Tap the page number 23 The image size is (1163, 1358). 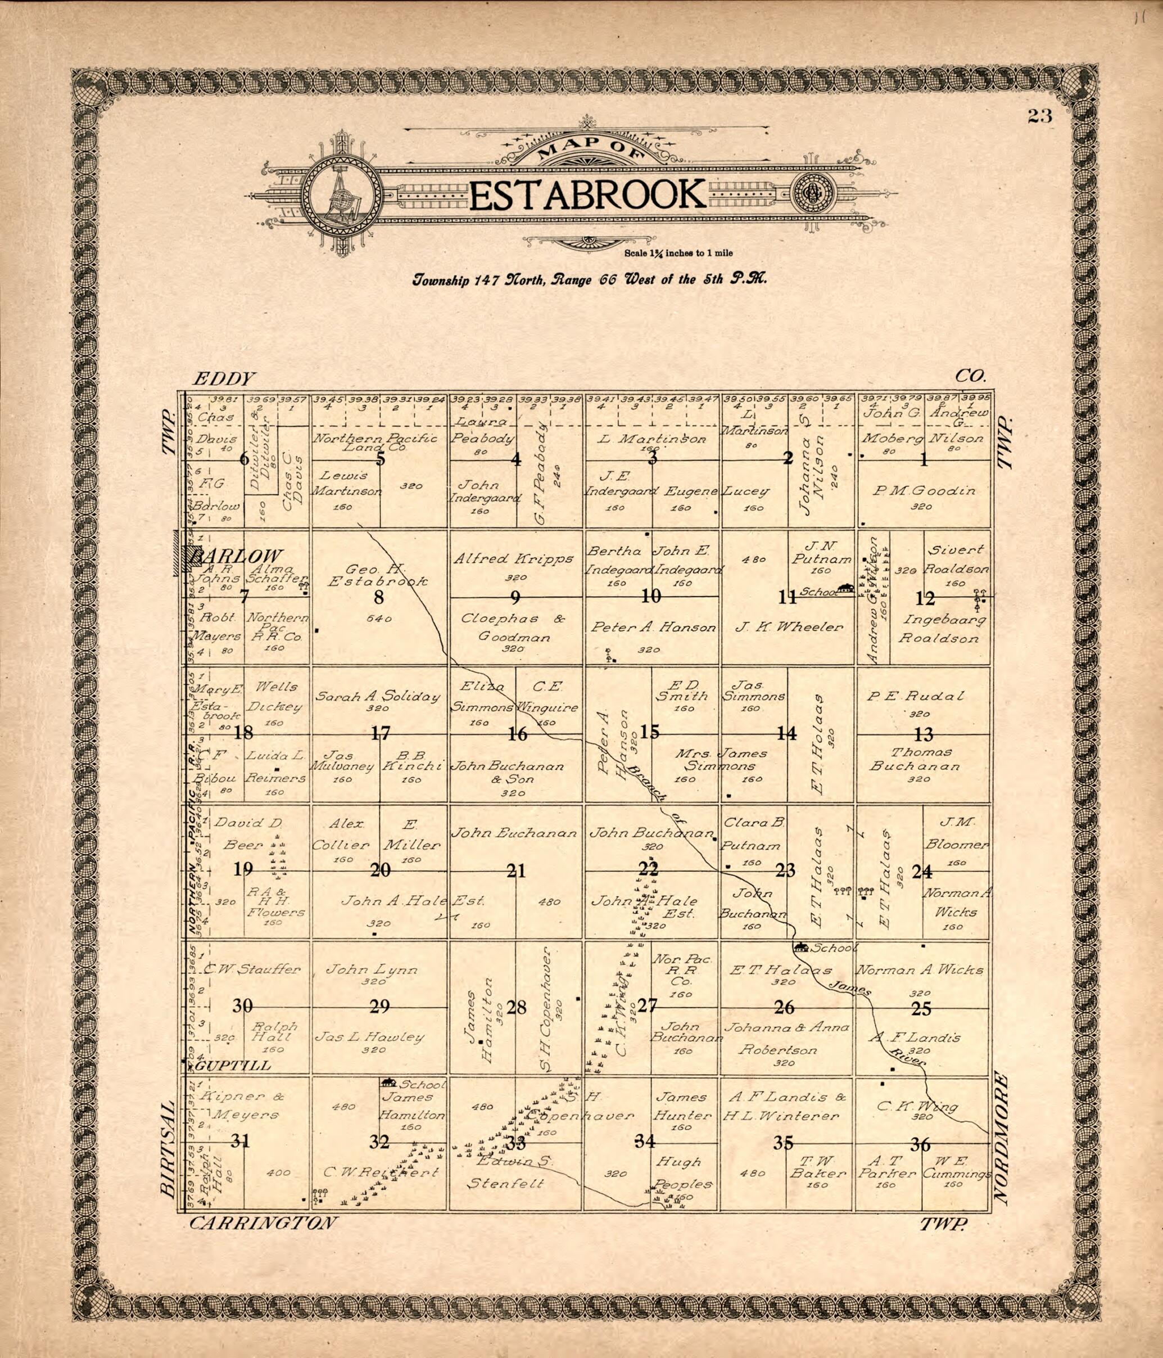tap(1039, 116)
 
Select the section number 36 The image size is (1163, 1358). tap(921, 1144)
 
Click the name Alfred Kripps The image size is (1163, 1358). tap(513, 559)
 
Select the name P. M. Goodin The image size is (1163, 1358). tap(924, 490)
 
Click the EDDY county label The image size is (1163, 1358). tap(223, 378)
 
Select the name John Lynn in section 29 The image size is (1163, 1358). tap(372, 969)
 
